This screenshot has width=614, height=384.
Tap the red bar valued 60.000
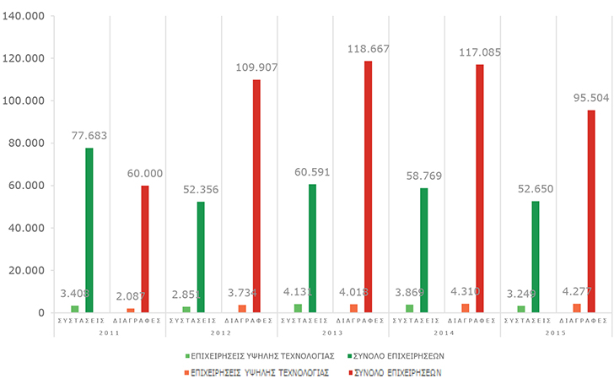[x=145, y=249]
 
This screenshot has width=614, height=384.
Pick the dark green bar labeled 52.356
[x=200, y=257]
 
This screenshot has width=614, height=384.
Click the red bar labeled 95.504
[x=590, y=211]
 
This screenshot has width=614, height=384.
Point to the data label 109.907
[x=254, y=68]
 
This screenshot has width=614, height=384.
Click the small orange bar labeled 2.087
[x=131, y=311]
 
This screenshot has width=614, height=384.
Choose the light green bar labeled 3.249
[x=521, y=309]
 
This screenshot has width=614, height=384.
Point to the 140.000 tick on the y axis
[x=26, y=16]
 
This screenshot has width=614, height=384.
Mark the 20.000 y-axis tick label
[x=29, y=271]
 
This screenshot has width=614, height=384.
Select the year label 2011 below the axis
[x=110, y=332]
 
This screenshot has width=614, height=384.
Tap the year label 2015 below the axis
[x=557, y=332]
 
